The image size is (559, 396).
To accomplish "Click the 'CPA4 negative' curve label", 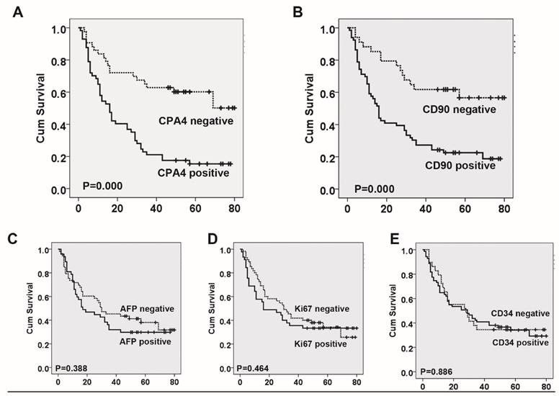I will pos(195,120).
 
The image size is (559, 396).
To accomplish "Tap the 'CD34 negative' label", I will pos(522,314).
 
